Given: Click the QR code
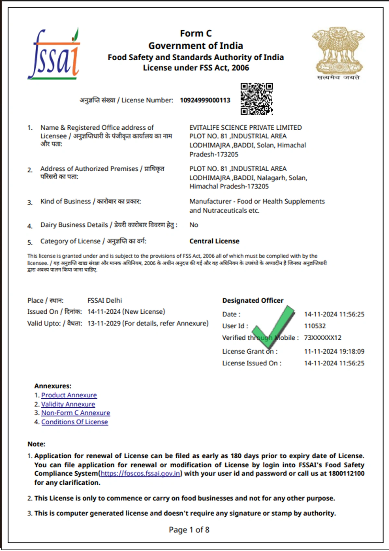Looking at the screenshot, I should (x=256, y=99).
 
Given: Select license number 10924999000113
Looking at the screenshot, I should (x=205, y=100).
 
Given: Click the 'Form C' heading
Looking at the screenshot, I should (x=196, y=33).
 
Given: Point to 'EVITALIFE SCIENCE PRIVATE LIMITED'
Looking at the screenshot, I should (x=245, y=128).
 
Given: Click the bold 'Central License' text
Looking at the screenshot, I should (x=214, y=241).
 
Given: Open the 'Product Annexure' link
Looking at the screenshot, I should (x=69, y=395).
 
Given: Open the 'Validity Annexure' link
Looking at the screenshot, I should (x=68, y=404).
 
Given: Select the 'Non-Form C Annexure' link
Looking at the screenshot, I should (x=76, y=413).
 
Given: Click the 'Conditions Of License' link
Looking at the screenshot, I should (x=75, y=422).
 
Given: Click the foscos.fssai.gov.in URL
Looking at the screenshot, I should (x=140, y=474).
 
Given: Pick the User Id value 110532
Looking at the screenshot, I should (x=315, y=326).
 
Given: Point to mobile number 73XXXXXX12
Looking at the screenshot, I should (x=323, y=338).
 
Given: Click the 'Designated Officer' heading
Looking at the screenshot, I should (x=253, y=300).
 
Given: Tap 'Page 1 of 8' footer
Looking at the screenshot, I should (x=189, y=530).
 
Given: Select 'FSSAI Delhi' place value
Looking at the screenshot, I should (x=105, y=300).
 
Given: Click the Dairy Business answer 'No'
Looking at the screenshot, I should (x=194, y=225).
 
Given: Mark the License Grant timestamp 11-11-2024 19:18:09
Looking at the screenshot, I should (x=334, y=351).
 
